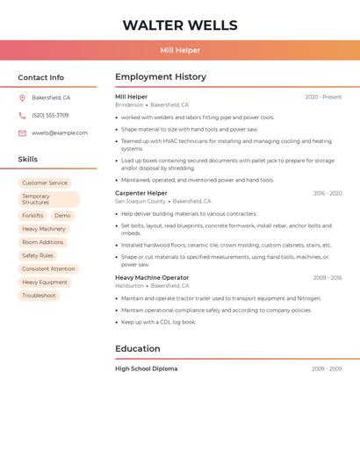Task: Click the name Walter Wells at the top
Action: (x=180, y=25)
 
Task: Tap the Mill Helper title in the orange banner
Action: (x=180, y=50)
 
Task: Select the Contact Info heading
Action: (x=41, y=77)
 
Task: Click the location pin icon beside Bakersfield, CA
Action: (x=22, y=98)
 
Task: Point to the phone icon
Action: (x=22, y=116)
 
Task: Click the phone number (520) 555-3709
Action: (x=50, y=116)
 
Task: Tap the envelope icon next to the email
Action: (x=22, y=133)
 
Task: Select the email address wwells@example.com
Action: (x=60, y=133)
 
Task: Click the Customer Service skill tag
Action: (x=45, y=182)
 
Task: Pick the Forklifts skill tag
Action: (x=32, y=215)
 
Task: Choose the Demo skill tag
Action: (x=62, y=215)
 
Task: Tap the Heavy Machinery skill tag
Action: (x=44, y=229)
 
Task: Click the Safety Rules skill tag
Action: (x=38, y=255)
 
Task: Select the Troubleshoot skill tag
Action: (x=39, y=296)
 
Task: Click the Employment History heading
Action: (x=161, y=77)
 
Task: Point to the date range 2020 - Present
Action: (x=323, y=97)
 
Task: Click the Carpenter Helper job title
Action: (x=140, y=193)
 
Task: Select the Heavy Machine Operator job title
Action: (x=152, y=277)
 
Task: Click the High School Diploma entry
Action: (x=146, y=368)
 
